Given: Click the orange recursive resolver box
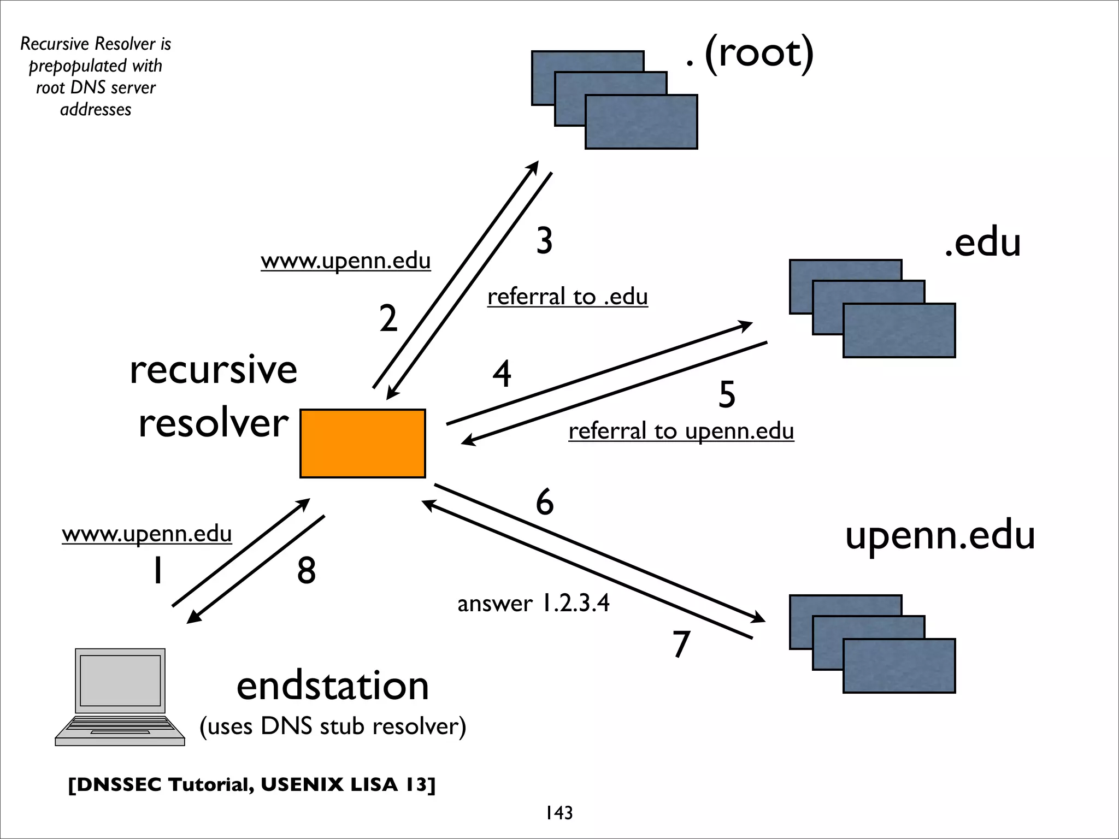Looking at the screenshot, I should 362,443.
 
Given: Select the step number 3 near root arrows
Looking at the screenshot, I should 544,241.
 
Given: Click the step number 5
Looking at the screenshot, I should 727,394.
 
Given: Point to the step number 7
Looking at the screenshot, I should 681,644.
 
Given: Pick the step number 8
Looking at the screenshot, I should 307,571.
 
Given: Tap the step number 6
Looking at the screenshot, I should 544,502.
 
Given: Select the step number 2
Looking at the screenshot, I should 388,318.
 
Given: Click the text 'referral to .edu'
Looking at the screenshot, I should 567,297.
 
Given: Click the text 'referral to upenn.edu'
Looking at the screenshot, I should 681,431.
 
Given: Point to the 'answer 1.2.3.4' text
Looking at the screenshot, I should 533,604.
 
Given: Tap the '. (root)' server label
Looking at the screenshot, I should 750,54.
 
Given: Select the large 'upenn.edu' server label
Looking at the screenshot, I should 940,535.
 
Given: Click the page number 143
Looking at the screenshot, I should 559,813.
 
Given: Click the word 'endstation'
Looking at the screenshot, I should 332,686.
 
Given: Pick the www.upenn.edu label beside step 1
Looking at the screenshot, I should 146,534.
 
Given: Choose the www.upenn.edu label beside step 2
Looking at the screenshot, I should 345,261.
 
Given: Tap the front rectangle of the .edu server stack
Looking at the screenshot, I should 899,330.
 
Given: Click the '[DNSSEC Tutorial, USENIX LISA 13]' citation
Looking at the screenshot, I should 252,785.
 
